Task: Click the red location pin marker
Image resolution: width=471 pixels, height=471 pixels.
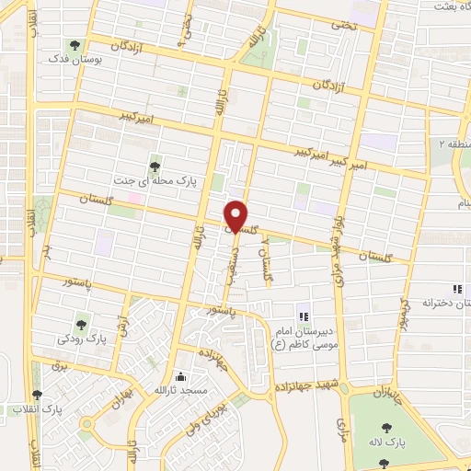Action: click(236, 215)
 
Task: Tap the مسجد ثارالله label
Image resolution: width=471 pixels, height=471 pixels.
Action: click(180, 391)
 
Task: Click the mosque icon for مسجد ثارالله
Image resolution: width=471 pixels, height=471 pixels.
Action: click(180, 377)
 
